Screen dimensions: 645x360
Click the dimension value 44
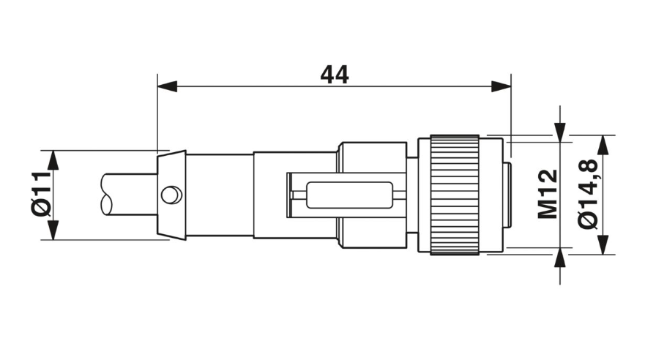click(334, 75)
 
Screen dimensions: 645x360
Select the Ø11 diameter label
click(41, 195)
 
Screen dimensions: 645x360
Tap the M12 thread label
click(548, 194)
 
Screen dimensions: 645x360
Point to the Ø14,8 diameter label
click(588, 194)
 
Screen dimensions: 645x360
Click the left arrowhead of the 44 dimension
click(167, 86)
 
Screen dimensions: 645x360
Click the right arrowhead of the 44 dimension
click(501, 86)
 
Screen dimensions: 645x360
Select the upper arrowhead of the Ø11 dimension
click(53, 160)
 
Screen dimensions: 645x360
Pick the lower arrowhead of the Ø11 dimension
click(53, 230)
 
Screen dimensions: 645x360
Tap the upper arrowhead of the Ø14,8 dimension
click(603, 145)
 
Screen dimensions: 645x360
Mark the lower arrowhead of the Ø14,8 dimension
click(603, 244)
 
